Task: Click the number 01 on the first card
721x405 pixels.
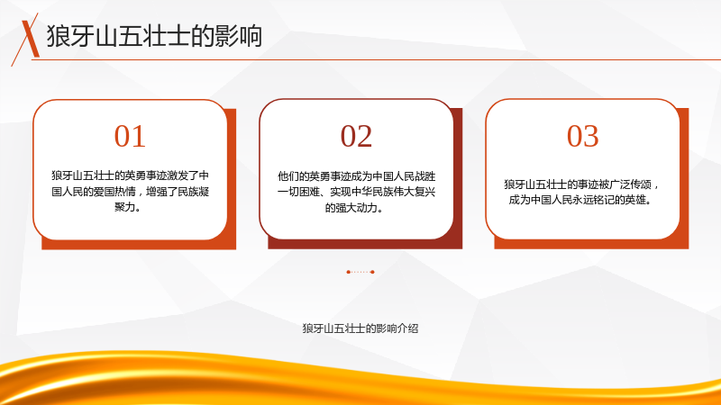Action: coord(130,137)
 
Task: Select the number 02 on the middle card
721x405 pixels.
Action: coord(356,137)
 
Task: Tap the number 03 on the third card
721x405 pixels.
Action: coord(582,137)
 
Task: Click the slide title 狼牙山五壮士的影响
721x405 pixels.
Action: coord(154,36)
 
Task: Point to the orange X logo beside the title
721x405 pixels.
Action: coord(29,38)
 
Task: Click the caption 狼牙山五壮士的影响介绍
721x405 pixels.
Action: coord(360,328)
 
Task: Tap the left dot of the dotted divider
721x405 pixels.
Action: coord(348,272)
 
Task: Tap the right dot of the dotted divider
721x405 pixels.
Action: coord(372,272)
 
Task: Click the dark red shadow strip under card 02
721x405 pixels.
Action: coord(365,244)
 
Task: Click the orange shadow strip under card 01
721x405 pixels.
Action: coord(139,245)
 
